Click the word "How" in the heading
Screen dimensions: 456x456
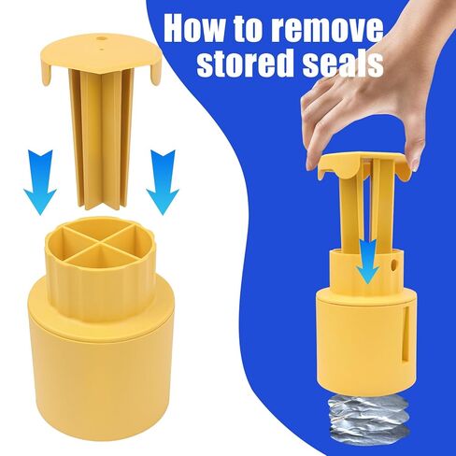[x=200, y=30]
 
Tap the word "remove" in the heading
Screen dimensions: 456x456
[x=328, y=31]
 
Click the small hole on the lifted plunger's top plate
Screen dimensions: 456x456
[x=99, y=39]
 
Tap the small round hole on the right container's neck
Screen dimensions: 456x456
[x=395, y=264]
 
